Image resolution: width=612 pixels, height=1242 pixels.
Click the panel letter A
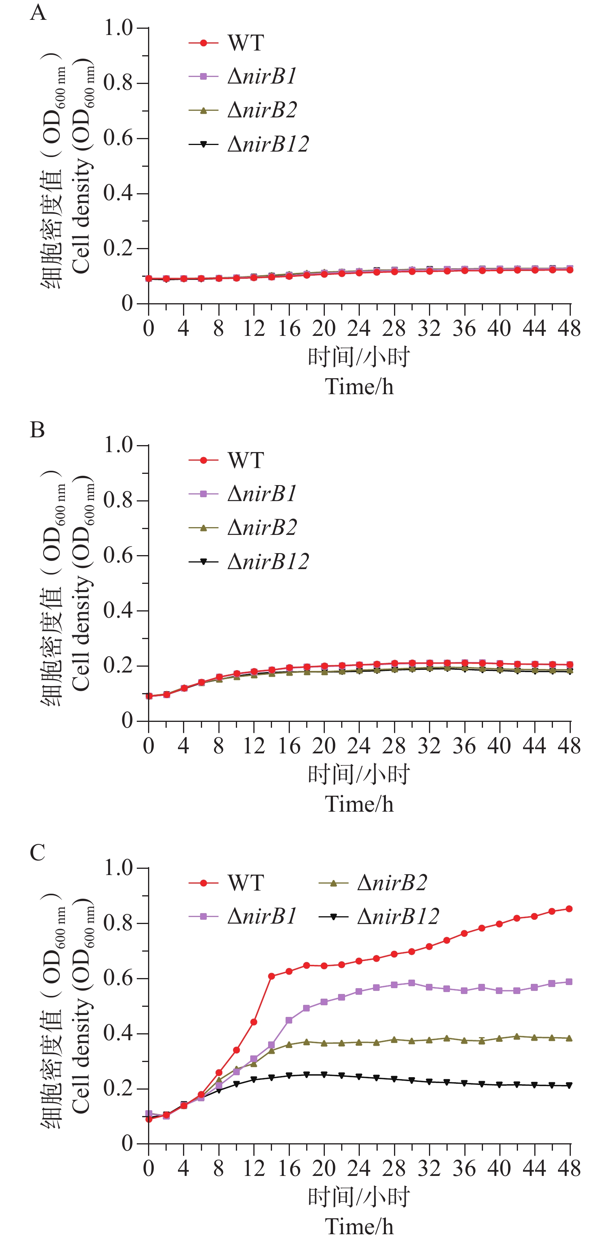point(38,12)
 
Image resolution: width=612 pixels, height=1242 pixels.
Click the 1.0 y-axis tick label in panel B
point(118,445)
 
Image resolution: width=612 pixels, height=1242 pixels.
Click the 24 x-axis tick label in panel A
point(359,329)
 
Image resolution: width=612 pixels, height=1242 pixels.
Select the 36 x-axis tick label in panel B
point(464,746)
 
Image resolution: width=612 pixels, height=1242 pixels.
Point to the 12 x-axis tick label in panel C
point(254,1169)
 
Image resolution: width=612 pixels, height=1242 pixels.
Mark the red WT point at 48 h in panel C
point(569,908)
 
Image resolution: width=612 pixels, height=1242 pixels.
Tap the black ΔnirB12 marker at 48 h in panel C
point(569,1086)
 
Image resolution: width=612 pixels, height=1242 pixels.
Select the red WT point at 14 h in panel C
point(271,976)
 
